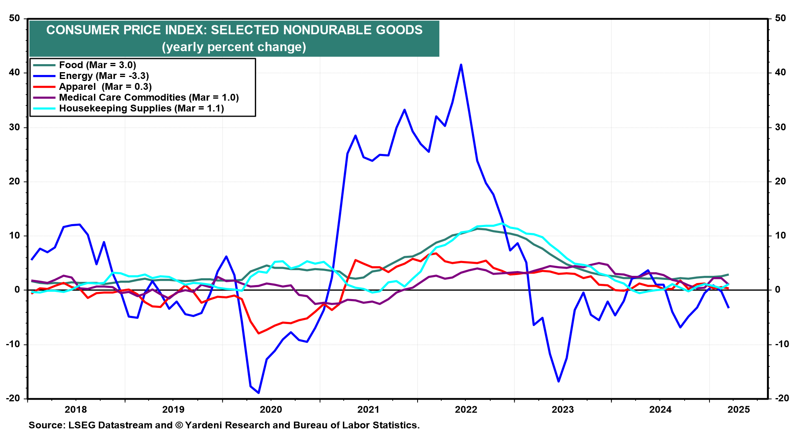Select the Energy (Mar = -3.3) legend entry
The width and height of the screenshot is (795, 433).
[104, 76]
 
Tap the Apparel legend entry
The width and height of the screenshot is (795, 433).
[105, 87]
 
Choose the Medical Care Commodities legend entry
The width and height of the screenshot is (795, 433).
[149, 97]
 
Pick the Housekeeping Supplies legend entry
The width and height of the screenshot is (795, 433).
[141, 108]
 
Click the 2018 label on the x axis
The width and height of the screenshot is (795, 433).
[76, 409]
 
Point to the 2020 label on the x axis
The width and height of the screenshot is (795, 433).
[271, 409]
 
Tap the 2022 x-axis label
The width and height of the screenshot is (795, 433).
[466, 409]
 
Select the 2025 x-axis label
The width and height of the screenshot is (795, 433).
[739, 409]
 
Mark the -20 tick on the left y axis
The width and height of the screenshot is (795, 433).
[13, 398]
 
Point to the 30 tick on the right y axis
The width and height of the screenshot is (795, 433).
[781, 127]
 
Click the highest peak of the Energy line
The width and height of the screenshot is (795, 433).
[461, 65]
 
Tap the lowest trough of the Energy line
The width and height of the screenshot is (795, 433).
[259, 393]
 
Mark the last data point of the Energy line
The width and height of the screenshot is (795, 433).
[728, 308]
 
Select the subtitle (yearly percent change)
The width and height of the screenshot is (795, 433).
[234, 47]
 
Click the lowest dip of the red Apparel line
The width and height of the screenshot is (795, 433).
[259, 333]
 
